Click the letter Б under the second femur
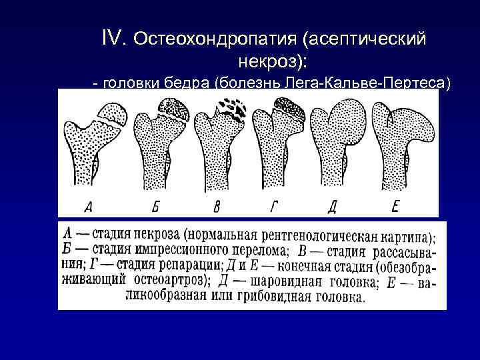click(x=155, y=207)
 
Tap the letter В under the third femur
click(x=215, y=207)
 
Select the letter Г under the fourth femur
click(x=273, y=207)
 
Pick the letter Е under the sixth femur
click(x=395, y=207)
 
